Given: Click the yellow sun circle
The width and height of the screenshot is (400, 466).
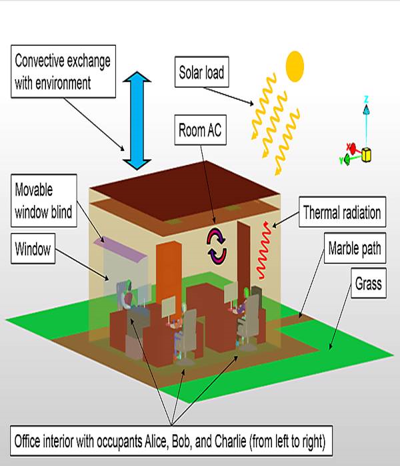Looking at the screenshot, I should pyautogui.click(x=295, y=64).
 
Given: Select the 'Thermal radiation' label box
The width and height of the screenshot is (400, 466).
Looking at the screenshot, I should pyautogui.click(x=342, y=213).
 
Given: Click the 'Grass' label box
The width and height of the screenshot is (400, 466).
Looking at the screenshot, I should pyautogui.click(x=368, y=284).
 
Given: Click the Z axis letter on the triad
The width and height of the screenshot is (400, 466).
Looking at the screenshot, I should pyautogui.click(x=366, y=100).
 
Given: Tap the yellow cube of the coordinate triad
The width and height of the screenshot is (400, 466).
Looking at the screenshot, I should pyautogui.click(x=366, y=156).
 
